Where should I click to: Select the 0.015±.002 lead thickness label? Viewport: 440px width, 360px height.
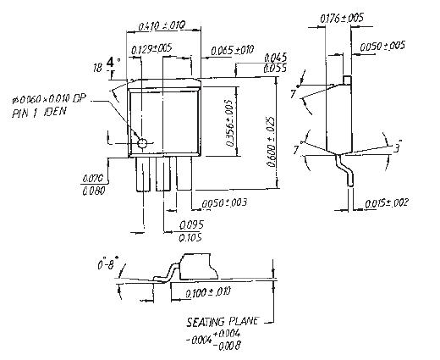pos(388,202)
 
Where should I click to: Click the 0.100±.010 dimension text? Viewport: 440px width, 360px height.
pos(207,292)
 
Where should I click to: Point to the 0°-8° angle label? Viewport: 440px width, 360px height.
pos(109,265)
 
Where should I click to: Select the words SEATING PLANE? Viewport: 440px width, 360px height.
pos(223,323)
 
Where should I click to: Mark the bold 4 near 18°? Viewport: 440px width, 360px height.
pos(110,62)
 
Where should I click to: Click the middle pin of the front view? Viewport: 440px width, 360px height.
pos(162,175)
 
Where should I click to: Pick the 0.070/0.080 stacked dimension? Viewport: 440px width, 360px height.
pos(92,184)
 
